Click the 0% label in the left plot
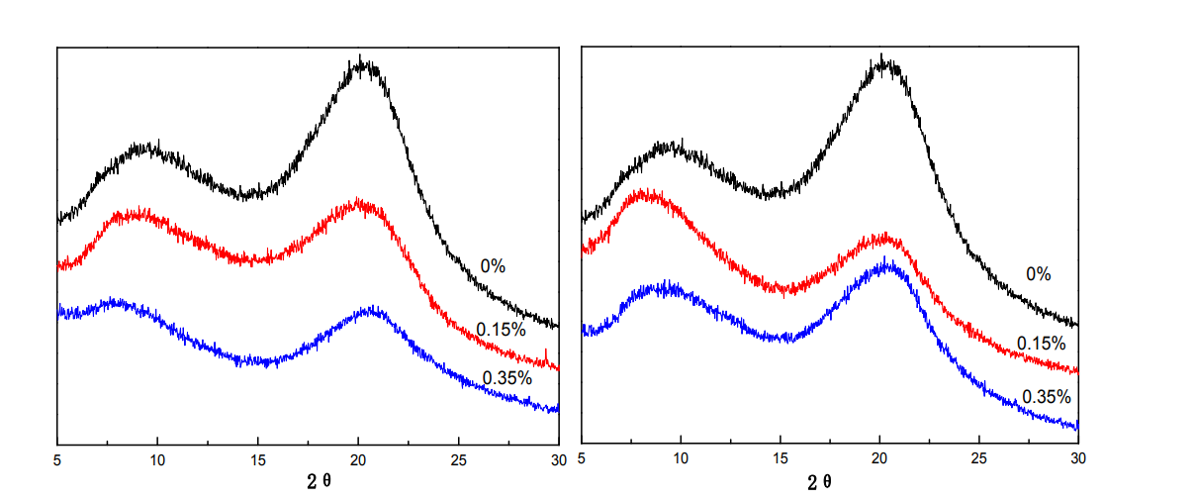point(493,266)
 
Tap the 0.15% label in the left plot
point(501,330)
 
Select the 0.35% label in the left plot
point(506,377)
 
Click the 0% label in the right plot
point(1038,274)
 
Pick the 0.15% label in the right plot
point(1041,344)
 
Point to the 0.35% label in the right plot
point(1047,397)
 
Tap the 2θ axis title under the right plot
point(820,482)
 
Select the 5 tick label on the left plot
point(58,459)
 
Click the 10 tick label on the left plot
point(157,459)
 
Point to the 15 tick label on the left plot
point(258,459)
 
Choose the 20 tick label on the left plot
point(358,459)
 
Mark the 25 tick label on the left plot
point(458,459)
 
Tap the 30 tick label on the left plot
point(558,459)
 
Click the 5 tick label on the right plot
point(581,459)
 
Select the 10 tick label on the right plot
point(680,459)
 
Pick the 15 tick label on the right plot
point(780,459)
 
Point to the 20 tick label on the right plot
point(879,459)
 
